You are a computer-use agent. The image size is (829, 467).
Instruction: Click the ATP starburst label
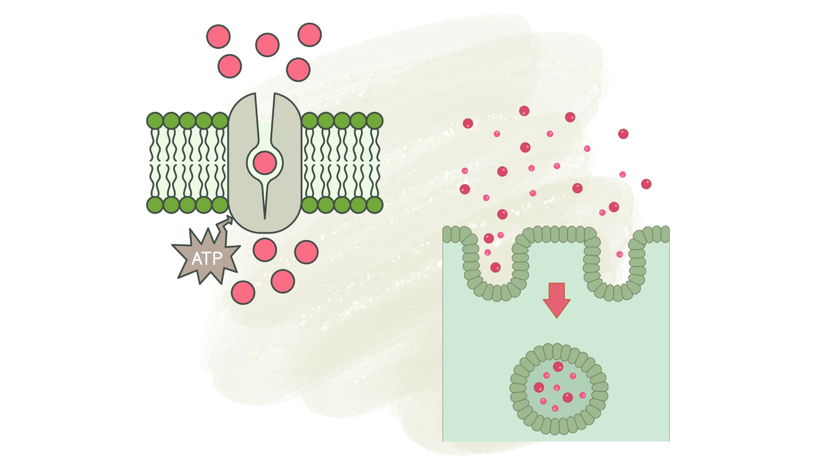tap(207, 259)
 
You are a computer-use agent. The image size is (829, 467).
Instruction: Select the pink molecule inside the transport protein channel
tap(265, 163)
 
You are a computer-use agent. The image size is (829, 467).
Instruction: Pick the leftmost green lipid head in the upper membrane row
tap(155, 121)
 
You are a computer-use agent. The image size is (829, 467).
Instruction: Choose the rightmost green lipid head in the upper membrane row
tap(374, 121)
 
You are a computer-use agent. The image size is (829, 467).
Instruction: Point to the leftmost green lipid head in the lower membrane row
tap(155, 205)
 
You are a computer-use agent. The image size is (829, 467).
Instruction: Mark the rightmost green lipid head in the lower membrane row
tap(374, 205)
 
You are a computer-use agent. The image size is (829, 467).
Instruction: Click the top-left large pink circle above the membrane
tap(218, 36)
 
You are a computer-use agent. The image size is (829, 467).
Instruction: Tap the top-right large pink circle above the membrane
tap(310, 35)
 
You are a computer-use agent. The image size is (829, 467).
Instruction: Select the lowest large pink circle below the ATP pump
tap(243, 292)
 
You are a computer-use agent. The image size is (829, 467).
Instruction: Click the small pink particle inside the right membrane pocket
tap(620, 254)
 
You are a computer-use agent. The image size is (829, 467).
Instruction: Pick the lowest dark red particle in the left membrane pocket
tap(495, 267)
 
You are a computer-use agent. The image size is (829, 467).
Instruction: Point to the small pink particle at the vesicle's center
tap(557, 388)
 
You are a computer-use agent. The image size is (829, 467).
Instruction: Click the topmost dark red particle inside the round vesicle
tap(558, 367)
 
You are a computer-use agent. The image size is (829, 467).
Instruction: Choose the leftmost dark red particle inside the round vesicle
tap(539, 387)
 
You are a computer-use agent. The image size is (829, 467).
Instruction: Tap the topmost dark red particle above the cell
tap(524, 111)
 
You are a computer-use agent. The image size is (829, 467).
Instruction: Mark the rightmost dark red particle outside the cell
tap(646, 184)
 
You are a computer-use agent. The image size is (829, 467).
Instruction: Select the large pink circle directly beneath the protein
tap(265, 249)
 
